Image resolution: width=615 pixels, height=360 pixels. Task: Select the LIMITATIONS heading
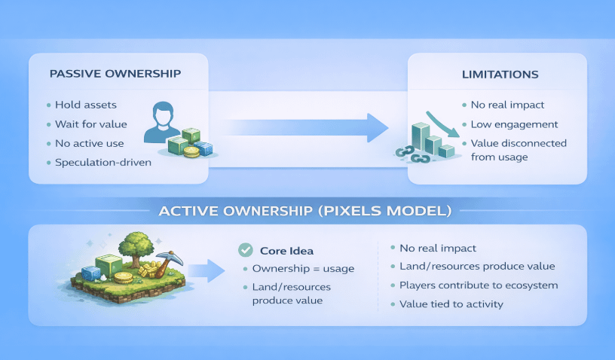pyautogui.click(x=500, y=75)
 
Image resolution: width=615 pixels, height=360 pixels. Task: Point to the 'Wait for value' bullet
pyautogui.click(x=91, y=124)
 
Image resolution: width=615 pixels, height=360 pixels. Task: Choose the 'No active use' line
pyautogui.click(x=90, y=143)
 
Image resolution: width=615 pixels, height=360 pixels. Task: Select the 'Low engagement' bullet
pyautogui.click(x=514, y=124)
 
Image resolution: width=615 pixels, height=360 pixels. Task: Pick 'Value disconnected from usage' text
pyautogui.click(x=519, y=150)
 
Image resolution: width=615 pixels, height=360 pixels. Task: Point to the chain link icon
pyautogui.click(x=413, y=154)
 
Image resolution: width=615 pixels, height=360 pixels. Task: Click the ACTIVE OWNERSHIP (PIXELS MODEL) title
pyautogui.click(x=305, y=211)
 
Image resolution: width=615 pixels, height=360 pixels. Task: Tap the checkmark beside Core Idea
pyautogui.click(x=244, y=250)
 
